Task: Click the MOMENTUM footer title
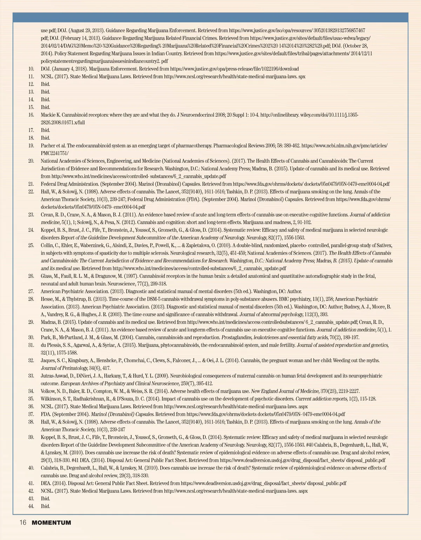[x=51, y=523]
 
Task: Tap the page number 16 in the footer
[x=23, y=523]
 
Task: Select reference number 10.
[x=31, y=69]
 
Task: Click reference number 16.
[x=31, y=115]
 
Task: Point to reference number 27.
[x=31, y=291]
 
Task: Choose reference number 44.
[x=31, y=506]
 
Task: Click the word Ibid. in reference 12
[x=45, y=84]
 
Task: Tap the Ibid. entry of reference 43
[x=45, y=499]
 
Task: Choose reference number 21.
[x=31, y=184]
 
